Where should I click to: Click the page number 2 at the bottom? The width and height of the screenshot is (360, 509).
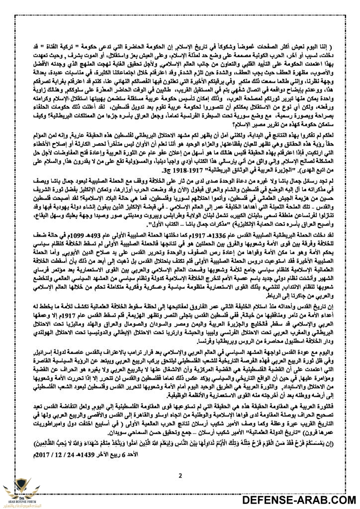pos(180,462)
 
